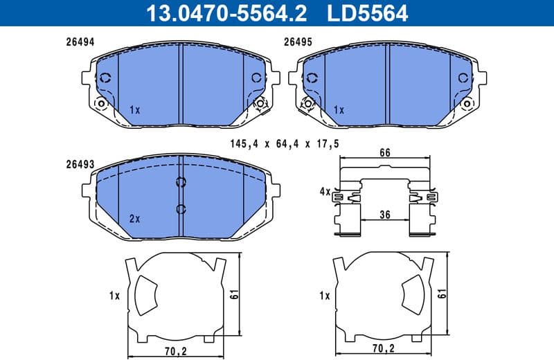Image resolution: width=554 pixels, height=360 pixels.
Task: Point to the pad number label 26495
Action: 298,42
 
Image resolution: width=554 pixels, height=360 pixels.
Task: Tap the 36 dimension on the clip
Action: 386,215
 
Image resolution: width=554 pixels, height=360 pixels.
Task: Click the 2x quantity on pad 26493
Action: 134,218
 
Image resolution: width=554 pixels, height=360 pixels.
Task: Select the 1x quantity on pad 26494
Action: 134,110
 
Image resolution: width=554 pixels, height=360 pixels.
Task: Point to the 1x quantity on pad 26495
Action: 339,110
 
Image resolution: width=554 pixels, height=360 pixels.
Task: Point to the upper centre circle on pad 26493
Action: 181,183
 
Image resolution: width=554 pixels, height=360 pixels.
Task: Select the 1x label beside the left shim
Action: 114,296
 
